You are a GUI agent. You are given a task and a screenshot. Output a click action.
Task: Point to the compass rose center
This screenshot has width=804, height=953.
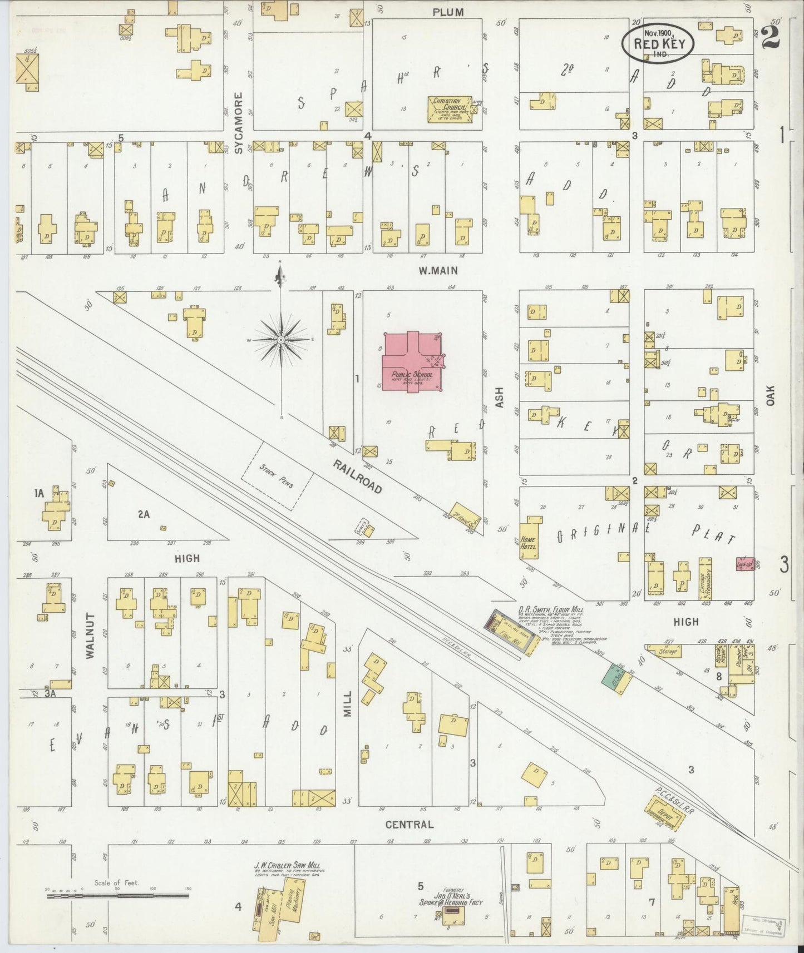click(x=281, y=339)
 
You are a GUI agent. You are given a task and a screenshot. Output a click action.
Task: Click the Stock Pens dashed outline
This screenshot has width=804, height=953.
click(x=277, y=476)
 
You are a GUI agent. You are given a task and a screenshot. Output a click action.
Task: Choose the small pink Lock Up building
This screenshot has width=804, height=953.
click(x=745, y=563)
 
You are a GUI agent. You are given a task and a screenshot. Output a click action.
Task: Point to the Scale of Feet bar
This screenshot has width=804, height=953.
click(x=117, y=895)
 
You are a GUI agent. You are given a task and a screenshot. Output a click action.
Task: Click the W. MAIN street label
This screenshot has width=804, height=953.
click(x=438, y=271)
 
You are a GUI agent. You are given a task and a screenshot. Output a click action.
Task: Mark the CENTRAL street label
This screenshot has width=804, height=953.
click(x=409, y=825)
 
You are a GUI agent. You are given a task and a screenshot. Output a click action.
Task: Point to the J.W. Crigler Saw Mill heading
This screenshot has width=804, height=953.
click(x=287, y=880)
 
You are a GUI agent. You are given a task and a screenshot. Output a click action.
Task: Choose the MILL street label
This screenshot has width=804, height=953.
click(x=348, y=703)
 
